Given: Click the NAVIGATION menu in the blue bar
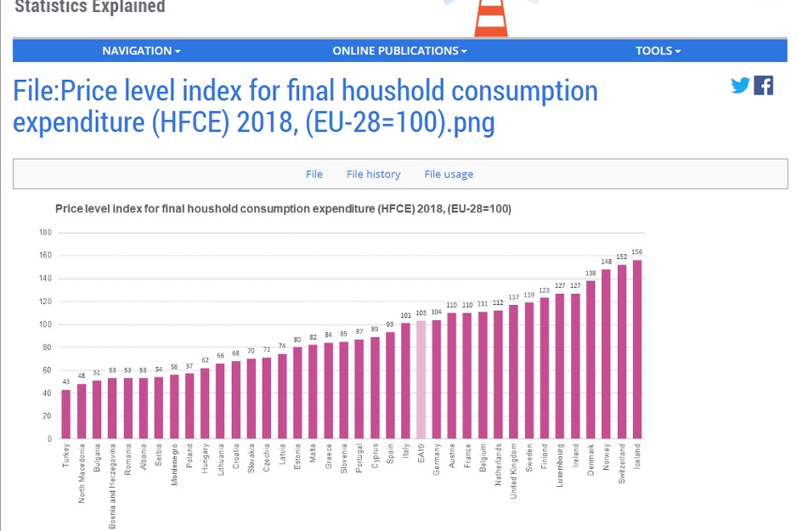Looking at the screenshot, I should [141, 51].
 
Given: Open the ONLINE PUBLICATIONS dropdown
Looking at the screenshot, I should [399, 51].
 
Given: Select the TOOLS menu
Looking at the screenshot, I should [658, 51].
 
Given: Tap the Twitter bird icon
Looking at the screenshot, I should [740, 85].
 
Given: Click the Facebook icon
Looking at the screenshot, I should [764, 85].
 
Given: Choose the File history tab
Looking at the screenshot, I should [373, 174].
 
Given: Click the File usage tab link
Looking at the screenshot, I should [449, 174].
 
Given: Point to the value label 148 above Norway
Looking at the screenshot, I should [606, 262].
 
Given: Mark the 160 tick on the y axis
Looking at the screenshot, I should [46, 256].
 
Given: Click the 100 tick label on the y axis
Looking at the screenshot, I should [46, 325].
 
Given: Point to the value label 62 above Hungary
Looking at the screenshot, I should [205, 360].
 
